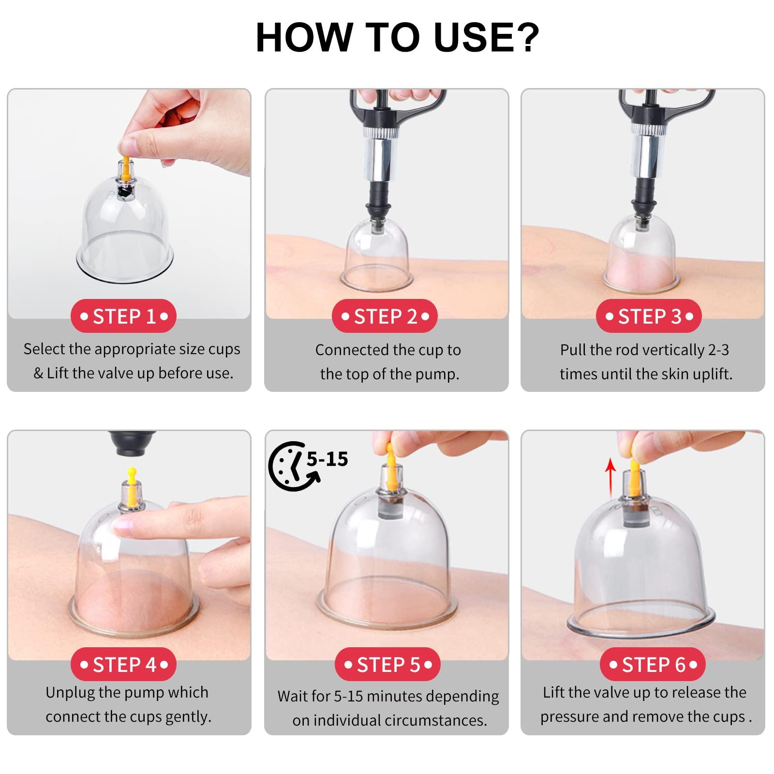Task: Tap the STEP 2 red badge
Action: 385,316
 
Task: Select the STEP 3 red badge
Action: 649,316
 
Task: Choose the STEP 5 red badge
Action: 387,664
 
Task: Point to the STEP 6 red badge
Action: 653,664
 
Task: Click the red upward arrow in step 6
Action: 611,478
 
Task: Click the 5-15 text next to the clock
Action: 327,459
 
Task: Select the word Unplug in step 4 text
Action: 71,693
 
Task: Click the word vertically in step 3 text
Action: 669,350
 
